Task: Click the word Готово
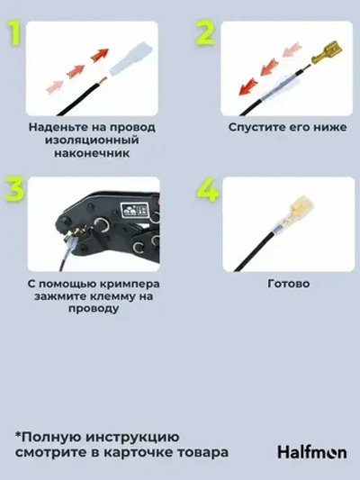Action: pyautogui.click(x=289, y=283)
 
